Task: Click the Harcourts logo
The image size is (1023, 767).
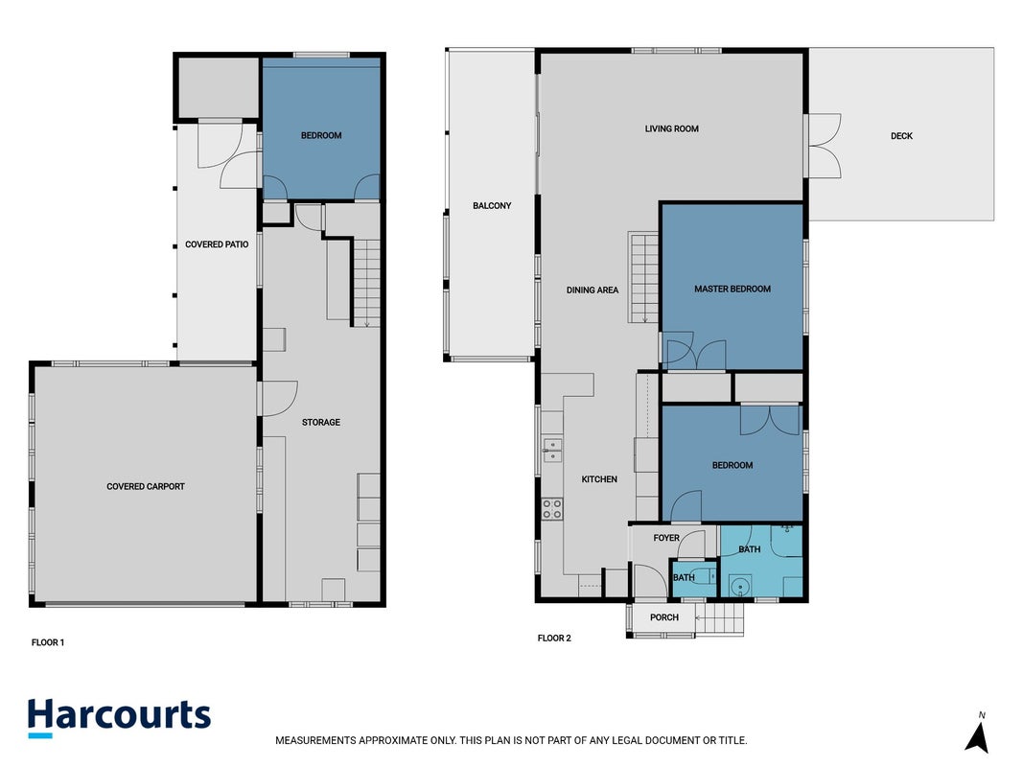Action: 120,717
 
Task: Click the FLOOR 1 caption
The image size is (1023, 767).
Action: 48,642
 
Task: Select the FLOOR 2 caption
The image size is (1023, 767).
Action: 554,638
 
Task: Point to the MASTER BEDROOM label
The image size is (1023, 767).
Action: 732,289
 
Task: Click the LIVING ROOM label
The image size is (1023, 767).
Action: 671,129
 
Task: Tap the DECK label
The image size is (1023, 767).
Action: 901,135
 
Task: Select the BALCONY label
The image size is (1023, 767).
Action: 492,205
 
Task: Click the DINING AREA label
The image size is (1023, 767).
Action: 593,291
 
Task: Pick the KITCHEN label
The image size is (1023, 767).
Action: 599,479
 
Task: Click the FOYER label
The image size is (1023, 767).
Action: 666,538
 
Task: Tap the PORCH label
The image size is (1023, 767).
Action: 664,617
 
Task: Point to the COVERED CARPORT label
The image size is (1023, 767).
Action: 146,486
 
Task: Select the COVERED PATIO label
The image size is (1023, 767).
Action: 217,244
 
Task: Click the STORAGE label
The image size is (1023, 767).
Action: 321,423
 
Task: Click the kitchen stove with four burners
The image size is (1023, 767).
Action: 552,509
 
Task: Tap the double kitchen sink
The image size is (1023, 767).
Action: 552,451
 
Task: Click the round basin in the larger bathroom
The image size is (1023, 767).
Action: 740,587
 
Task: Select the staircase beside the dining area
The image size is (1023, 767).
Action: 643,277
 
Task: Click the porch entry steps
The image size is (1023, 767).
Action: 720,617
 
